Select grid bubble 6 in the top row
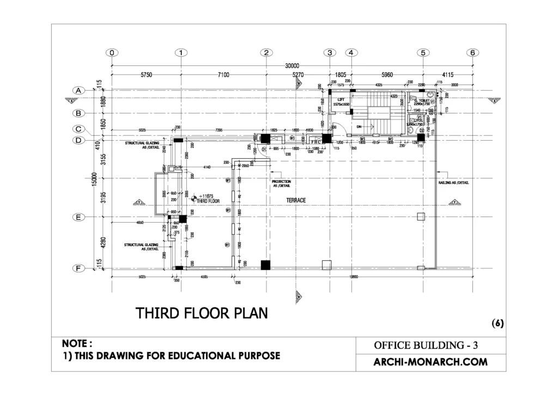[472, 53]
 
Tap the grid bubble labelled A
[78, 91]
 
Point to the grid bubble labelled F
[78, 268]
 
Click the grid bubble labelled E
[78, 217]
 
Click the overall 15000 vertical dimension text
[94, 179]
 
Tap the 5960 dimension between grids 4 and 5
[387, 75]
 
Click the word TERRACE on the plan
[296, 201]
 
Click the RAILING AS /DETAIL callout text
[453, 183]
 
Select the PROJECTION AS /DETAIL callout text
[281, 183]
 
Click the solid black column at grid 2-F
[265, 265]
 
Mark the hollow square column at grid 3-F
[326, 265]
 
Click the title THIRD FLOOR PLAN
[202, 314]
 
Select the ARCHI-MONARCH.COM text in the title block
[430, 362]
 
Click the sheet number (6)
[497, 323]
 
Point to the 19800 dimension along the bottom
[354, 277]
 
